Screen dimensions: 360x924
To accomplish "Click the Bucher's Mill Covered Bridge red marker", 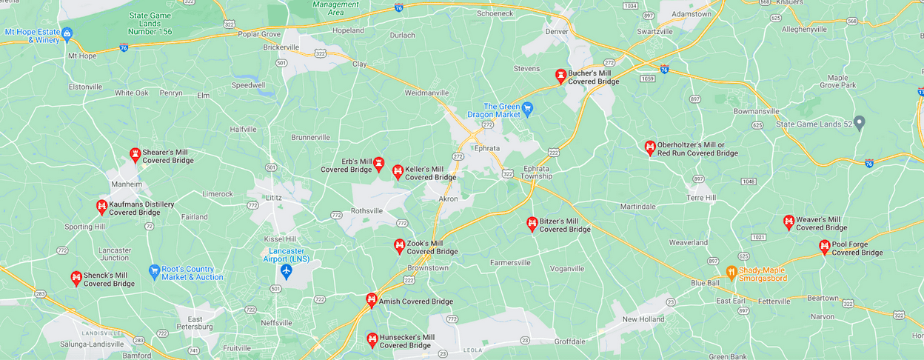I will click(561, 76).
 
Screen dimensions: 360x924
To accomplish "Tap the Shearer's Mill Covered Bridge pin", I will click(135, 155).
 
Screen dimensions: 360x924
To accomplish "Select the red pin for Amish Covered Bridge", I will click(372, 300).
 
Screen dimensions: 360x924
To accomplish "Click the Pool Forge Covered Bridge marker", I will click(824, 247).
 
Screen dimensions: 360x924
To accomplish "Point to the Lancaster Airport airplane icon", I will click(287, 270).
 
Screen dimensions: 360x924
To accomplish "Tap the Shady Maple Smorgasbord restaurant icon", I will click(731, 272).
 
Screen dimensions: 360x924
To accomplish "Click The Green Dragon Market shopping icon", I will click(527, 110).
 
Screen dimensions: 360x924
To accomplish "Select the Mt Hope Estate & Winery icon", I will click(67, 33).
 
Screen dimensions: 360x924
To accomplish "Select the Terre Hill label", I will click(701, 198).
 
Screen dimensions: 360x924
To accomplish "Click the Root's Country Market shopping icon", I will click(154, 271).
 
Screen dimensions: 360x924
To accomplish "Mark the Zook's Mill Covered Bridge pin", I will click(399, 245).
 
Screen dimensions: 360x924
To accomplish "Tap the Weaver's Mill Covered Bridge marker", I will click(789, 221).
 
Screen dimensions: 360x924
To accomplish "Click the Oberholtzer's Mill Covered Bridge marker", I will click(650, 147).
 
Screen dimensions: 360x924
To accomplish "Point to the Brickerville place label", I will click(281, 47).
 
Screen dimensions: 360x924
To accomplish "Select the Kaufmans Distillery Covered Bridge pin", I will click(101, 207).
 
